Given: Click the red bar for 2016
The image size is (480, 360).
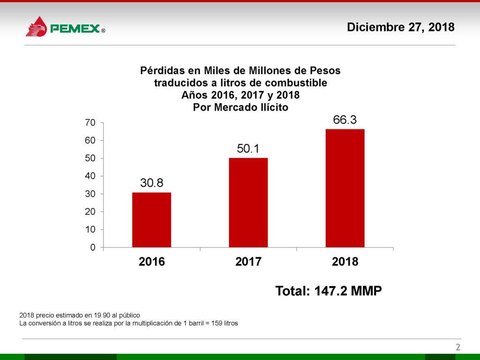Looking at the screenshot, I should click(x=151, y=219).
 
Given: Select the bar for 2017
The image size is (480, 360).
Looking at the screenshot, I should click(x=248, y=202).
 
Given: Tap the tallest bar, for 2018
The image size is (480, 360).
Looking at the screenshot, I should click(x=345, y=187).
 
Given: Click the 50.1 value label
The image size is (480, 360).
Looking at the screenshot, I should click(x=248, y=149).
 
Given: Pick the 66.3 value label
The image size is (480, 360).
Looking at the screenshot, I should click(x=345, y=120).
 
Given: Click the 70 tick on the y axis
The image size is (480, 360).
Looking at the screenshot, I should click(x=90, y=123).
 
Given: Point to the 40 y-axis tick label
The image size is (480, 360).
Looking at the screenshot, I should click(x=90, y=176).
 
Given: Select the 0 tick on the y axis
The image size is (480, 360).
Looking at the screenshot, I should click(x=93, y=247).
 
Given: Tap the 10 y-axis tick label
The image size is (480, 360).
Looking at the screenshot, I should click(x=90, y=230).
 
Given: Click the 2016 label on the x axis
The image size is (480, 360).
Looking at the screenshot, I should click(x=152, y=262).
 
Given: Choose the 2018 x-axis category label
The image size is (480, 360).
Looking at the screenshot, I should click(x=345, y=262).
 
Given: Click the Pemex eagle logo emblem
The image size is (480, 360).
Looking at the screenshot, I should click(x=36, y=27).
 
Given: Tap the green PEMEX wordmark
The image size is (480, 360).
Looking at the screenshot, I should click(x=75, y=30).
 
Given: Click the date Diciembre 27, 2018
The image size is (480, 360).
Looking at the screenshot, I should click(x=401, y=27).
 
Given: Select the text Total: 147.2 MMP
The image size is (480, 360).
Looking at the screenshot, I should click(x=329, y=291).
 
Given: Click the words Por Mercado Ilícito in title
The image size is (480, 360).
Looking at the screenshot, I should click(x=240, y=107).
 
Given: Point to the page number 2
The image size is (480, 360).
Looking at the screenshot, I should click(x=458, y=347).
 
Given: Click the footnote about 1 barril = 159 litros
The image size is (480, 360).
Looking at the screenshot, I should click(x=128, y=323).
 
